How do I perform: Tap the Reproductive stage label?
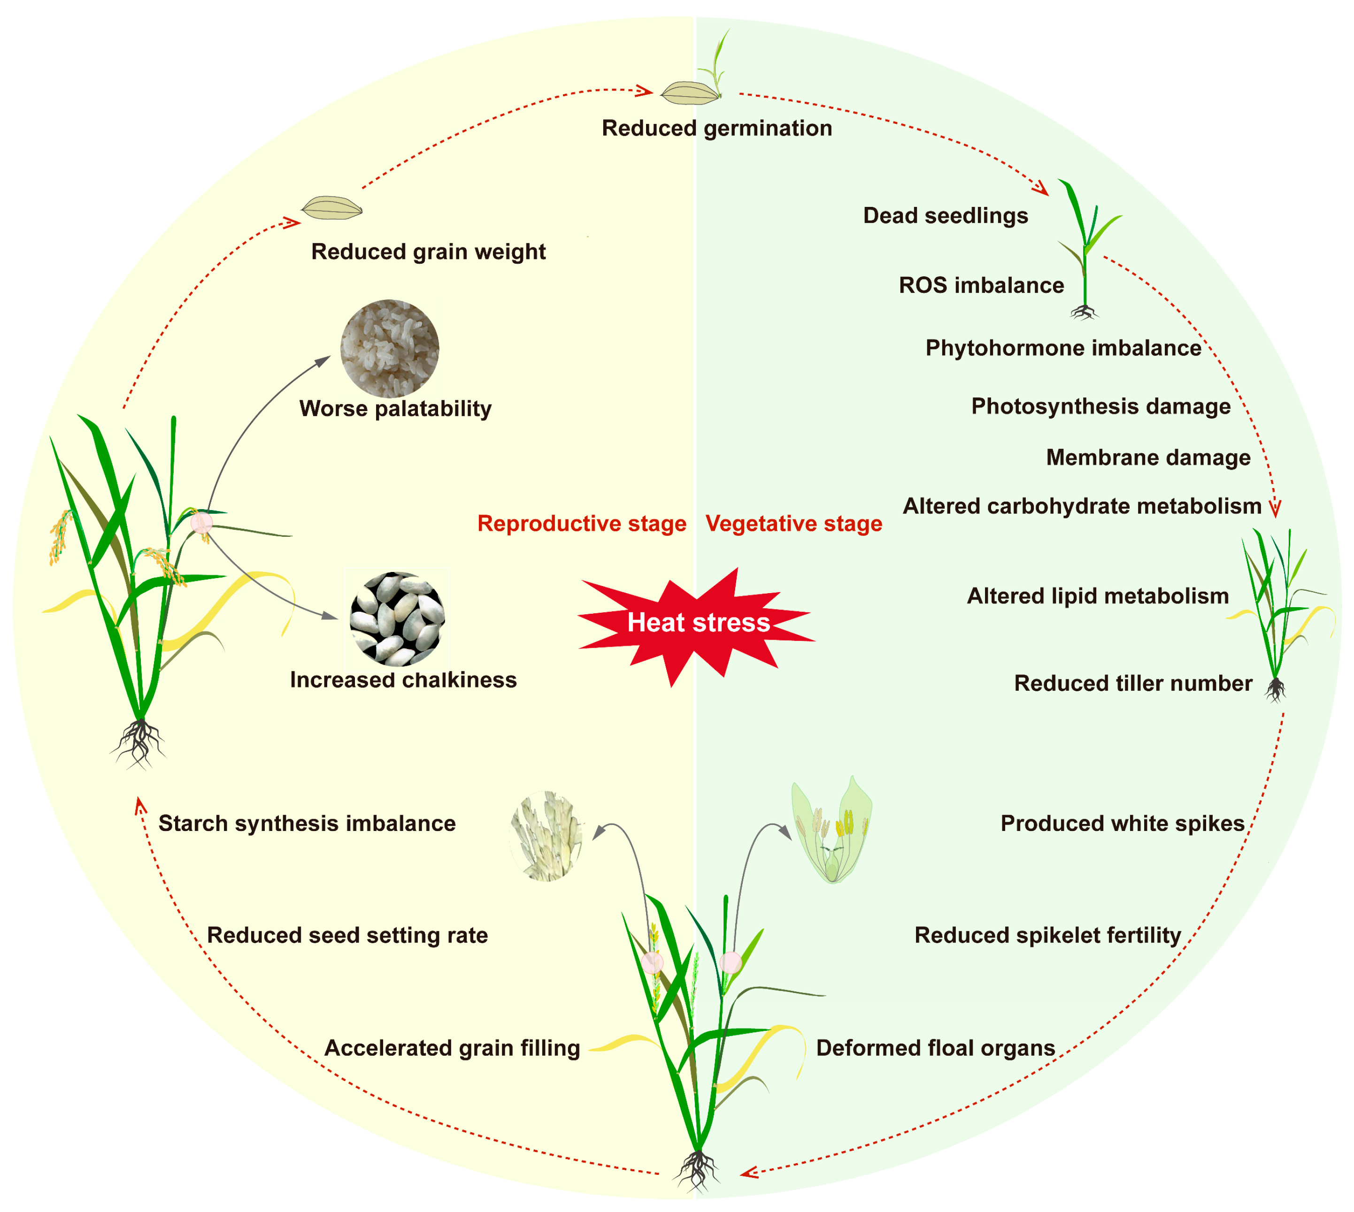[x=582, y=524]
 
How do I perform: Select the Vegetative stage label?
[x=793, y=524]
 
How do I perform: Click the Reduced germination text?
[x=716, y=128]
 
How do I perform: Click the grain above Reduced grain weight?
[x=332, y=208]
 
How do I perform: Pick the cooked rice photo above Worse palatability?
[x=390, y=348]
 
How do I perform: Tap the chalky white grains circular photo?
[x=397, y=618]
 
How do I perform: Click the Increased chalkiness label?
[x=403, y=680]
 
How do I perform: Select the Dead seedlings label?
[x=945, y=216]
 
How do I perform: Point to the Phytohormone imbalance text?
[x=1063, y=348]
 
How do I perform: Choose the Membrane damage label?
[x=1147, y=457]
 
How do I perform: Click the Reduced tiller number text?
[x=1133, y=683]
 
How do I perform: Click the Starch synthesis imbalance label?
[x=307, y=824]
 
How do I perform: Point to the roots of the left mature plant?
[x=138, y=742]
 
